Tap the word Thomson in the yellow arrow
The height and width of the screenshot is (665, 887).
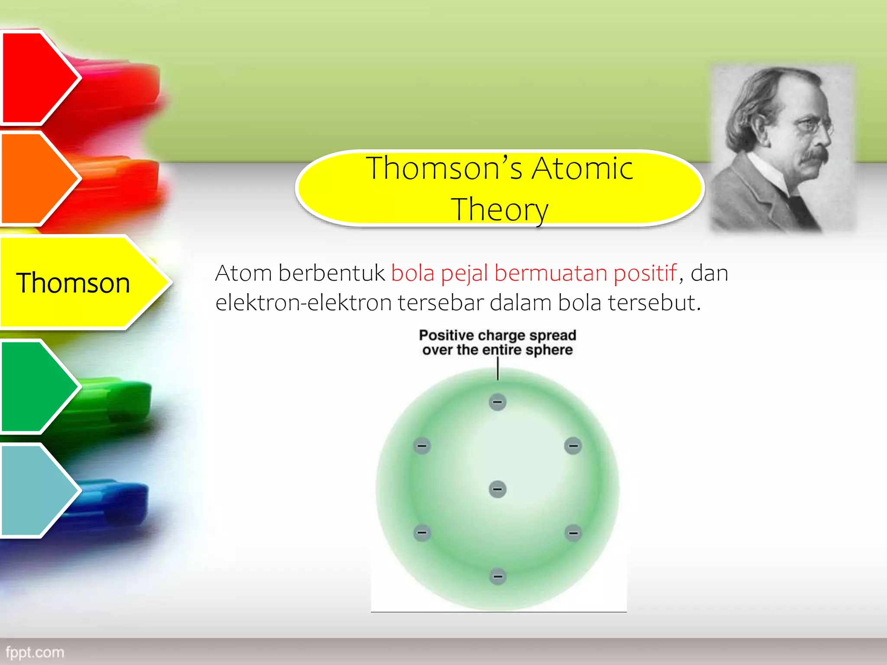click(x=73, y=283)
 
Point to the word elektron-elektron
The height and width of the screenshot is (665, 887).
click(x=303, y=303)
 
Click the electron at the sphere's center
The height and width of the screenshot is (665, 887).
click(x=498, y=489)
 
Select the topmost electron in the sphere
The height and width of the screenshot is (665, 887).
click(x=498, y=402)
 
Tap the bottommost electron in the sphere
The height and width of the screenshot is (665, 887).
click(x=498, y=576)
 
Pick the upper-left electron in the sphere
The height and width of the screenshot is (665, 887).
click(x=422, y=445)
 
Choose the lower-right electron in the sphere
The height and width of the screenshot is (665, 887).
click(x=573, y=533)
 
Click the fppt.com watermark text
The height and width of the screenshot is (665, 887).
click(x=35, y=652)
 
